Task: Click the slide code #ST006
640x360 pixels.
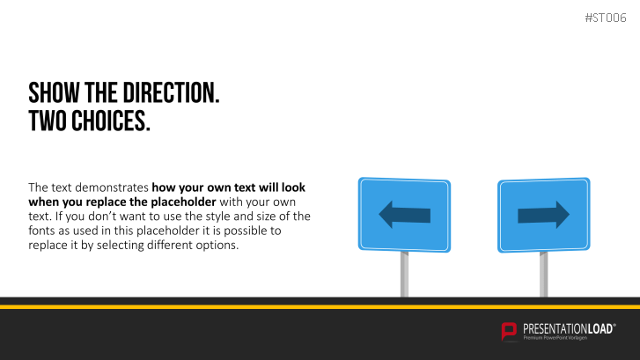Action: [606, 18]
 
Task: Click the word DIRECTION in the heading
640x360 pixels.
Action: [171, 92]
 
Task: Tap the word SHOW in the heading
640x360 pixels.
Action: [54, 92]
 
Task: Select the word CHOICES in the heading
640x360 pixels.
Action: [111, 121]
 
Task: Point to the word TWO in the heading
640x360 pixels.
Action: [48, 121]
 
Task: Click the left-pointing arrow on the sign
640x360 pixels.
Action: [404, 214]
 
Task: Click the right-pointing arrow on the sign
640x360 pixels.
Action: [544, 214]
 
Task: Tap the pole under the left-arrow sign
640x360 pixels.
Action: [404, 275]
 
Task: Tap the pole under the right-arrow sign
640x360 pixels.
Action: [544, 275]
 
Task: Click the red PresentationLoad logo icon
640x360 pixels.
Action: [509, 331]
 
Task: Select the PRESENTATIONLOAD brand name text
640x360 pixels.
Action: [569, 328]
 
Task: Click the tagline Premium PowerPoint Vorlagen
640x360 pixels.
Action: [555, 338]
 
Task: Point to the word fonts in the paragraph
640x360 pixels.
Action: [41, 231]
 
